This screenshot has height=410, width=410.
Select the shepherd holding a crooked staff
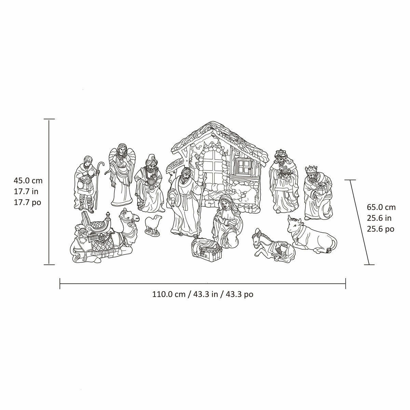point(87,184)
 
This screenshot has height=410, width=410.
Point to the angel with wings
point(121,175)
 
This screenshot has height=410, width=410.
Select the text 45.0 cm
point(28,181)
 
